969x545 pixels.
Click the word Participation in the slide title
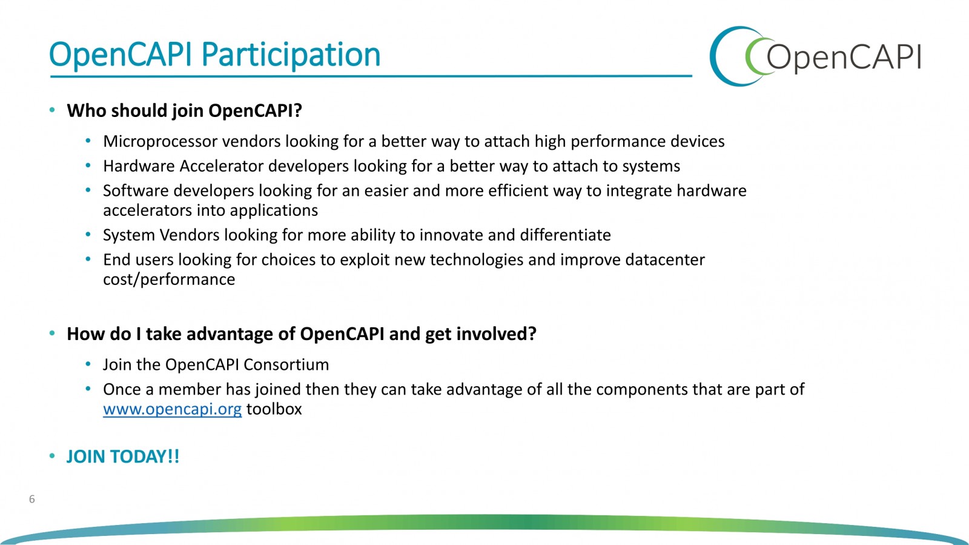coord(291,55)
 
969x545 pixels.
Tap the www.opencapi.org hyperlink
coord(172,409)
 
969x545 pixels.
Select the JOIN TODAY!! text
coord(123,456)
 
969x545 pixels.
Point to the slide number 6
coord(31,499)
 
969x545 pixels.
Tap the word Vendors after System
coord(190,235)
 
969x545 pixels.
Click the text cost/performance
coord(169,279)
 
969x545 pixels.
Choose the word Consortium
coord(286,365)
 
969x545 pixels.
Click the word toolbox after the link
coord(274,409)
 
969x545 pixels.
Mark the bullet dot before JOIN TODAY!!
coord(52,456)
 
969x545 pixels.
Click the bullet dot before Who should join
coord(52,110)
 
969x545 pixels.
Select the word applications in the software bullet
coord(274,211)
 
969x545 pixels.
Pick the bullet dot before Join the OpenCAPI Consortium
coord(88,364)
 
